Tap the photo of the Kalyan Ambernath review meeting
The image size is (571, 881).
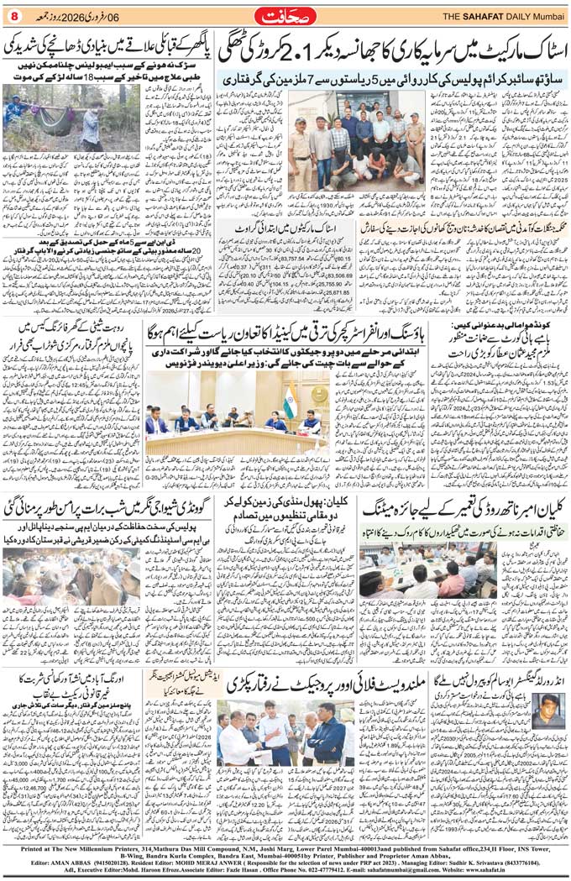[x=467, y=571]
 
